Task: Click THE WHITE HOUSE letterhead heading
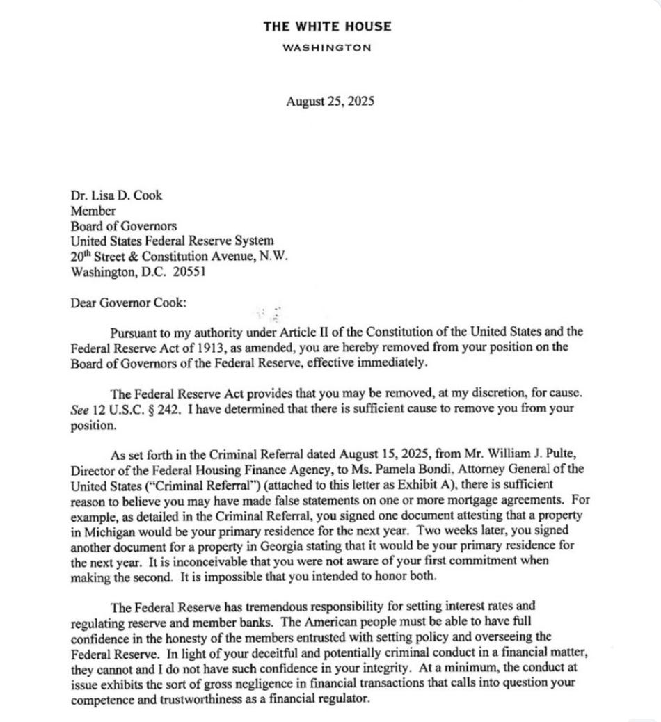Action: tap(327, 26)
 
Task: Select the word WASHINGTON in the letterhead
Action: tap(327, 48)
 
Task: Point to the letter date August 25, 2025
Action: tap(330, 101)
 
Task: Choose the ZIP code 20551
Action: tap(189, 271)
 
